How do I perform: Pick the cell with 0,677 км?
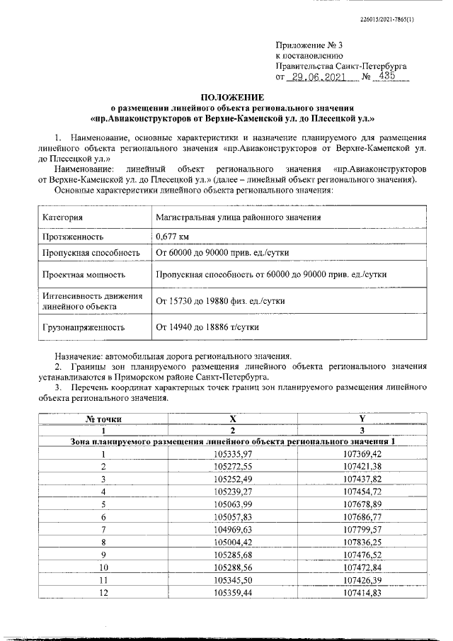173,237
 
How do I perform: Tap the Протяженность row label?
74,237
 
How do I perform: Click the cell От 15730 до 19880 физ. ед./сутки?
227,301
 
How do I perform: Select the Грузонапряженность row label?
84,327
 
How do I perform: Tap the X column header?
233,419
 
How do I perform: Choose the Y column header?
362,419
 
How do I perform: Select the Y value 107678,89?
362,504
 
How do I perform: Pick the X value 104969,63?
233,529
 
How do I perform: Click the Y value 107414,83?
362,592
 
